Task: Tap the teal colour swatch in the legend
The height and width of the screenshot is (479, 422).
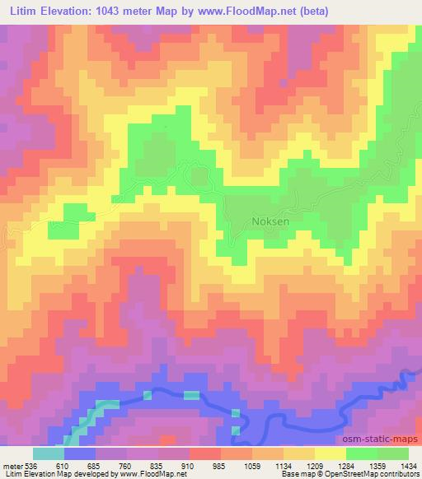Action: pos(49,453)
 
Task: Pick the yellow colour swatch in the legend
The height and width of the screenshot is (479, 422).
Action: pos(331,453)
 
